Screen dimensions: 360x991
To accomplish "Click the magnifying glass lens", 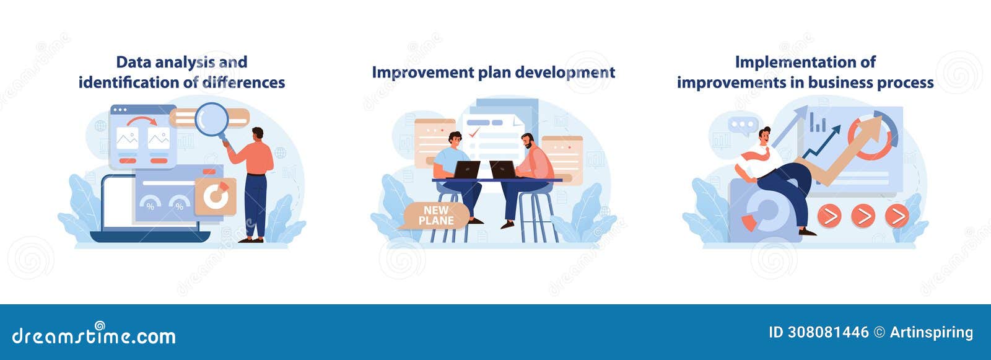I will (211, 119).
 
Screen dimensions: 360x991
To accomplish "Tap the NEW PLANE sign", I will (436, 216).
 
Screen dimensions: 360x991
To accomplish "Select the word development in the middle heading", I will (565, 72).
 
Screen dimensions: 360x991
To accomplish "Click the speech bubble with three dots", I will (743, 125).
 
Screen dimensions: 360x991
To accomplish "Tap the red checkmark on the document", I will (474, 132).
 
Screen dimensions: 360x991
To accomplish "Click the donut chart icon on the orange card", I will (215, 196).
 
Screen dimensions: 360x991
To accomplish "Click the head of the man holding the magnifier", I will (258, 133).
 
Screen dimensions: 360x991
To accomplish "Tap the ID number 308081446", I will (828, 332).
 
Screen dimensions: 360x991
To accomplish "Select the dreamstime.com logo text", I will (94, 335).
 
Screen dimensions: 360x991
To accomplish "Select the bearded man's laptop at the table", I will (502, 169).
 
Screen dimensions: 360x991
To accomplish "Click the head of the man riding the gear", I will (765, 134).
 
